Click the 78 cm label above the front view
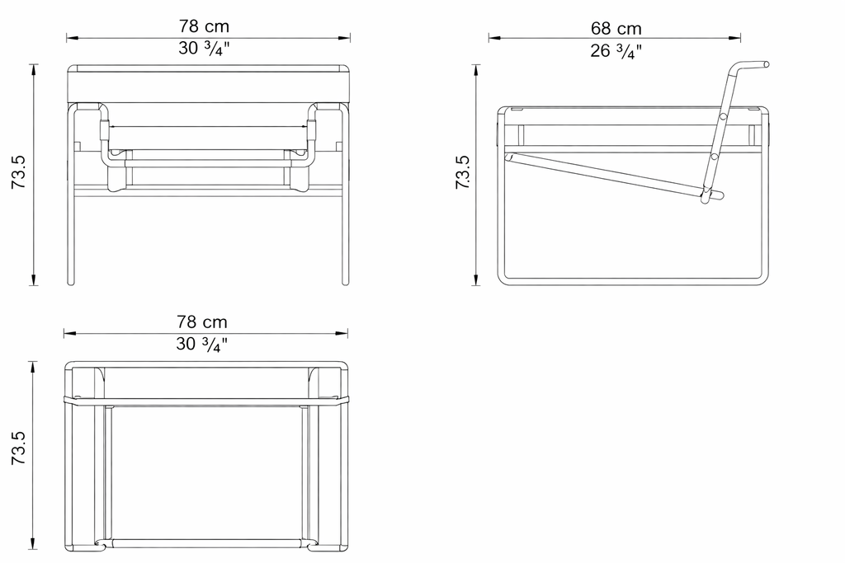coord(205,26)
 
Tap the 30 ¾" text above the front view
coord(204,49)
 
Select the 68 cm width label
coord(616,29)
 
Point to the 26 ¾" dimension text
coord(616,51)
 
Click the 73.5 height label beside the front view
coord(19,172)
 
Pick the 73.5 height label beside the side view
coord(463,172)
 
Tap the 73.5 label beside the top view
coord(19,448)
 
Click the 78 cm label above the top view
coord(202,321)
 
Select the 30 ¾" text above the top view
coord(201,344)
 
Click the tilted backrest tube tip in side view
coord(766,64)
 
